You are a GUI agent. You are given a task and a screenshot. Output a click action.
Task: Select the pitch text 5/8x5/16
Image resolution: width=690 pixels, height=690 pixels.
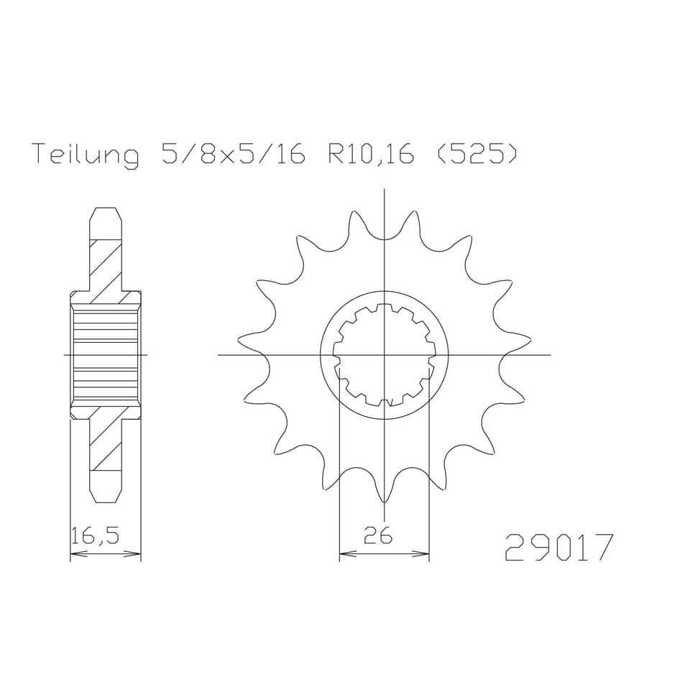(233, 153)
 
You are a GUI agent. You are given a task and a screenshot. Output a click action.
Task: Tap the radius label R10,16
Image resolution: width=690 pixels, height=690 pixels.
(371, 154)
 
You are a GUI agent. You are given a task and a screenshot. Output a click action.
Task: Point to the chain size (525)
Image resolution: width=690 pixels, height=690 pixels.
(476, 153)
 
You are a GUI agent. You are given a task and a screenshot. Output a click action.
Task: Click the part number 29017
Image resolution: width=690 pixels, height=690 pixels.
(558, 548)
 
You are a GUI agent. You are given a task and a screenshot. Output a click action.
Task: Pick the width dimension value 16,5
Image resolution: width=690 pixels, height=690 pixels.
(95, 535)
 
